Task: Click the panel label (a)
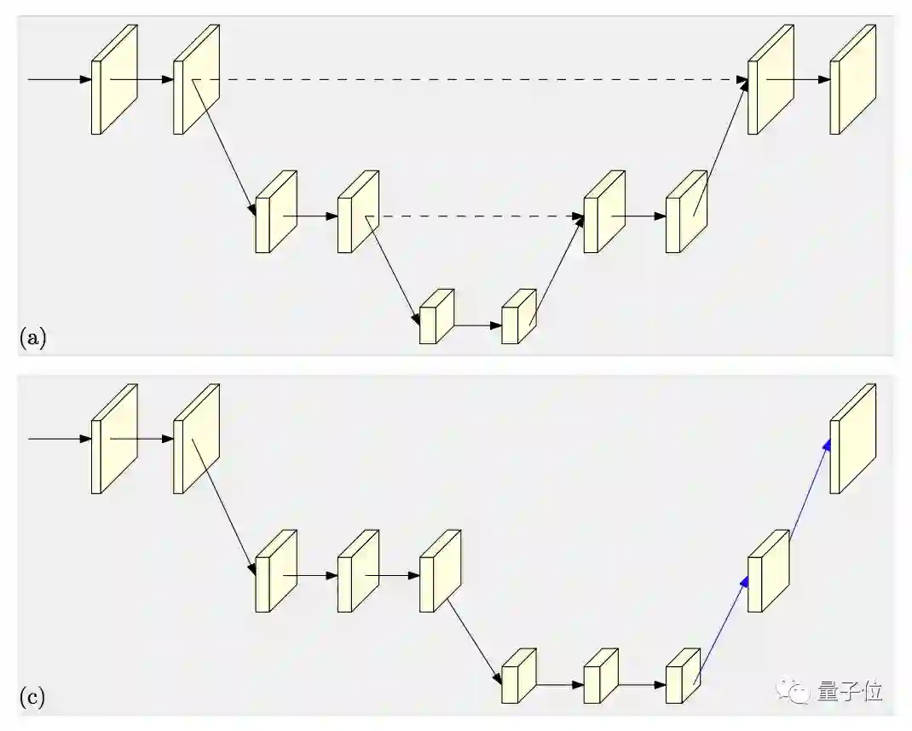coord(32,338)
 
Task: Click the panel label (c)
coord(32,699)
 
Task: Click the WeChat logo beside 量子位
coord(799,692)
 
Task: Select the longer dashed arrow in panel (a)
coord(477,80)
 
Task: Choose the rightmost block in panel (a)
coord(852,80)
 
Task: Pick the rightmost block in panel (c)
coord(852,440)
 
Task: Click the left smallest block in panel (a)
coord(436,318)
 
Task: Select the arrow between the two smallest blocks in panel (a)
coord(478,325)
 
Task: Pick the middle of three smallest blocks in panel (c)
coord(600,677)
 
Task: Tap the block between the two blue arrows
coord(767,573)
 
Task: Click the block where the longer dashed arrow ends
coord(770,80)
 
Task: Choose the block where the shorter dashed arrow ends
coord(603,213)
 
